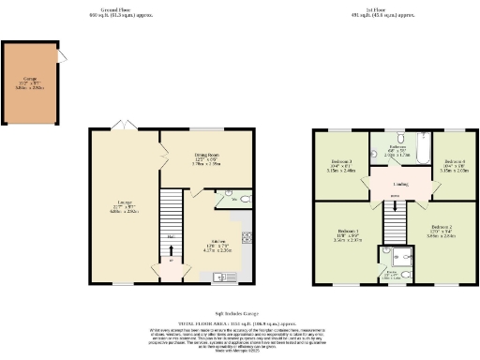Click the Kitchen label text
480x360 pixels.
tap(217, 243)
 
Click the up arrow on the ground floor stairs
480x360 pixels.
tap(171, 234)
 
